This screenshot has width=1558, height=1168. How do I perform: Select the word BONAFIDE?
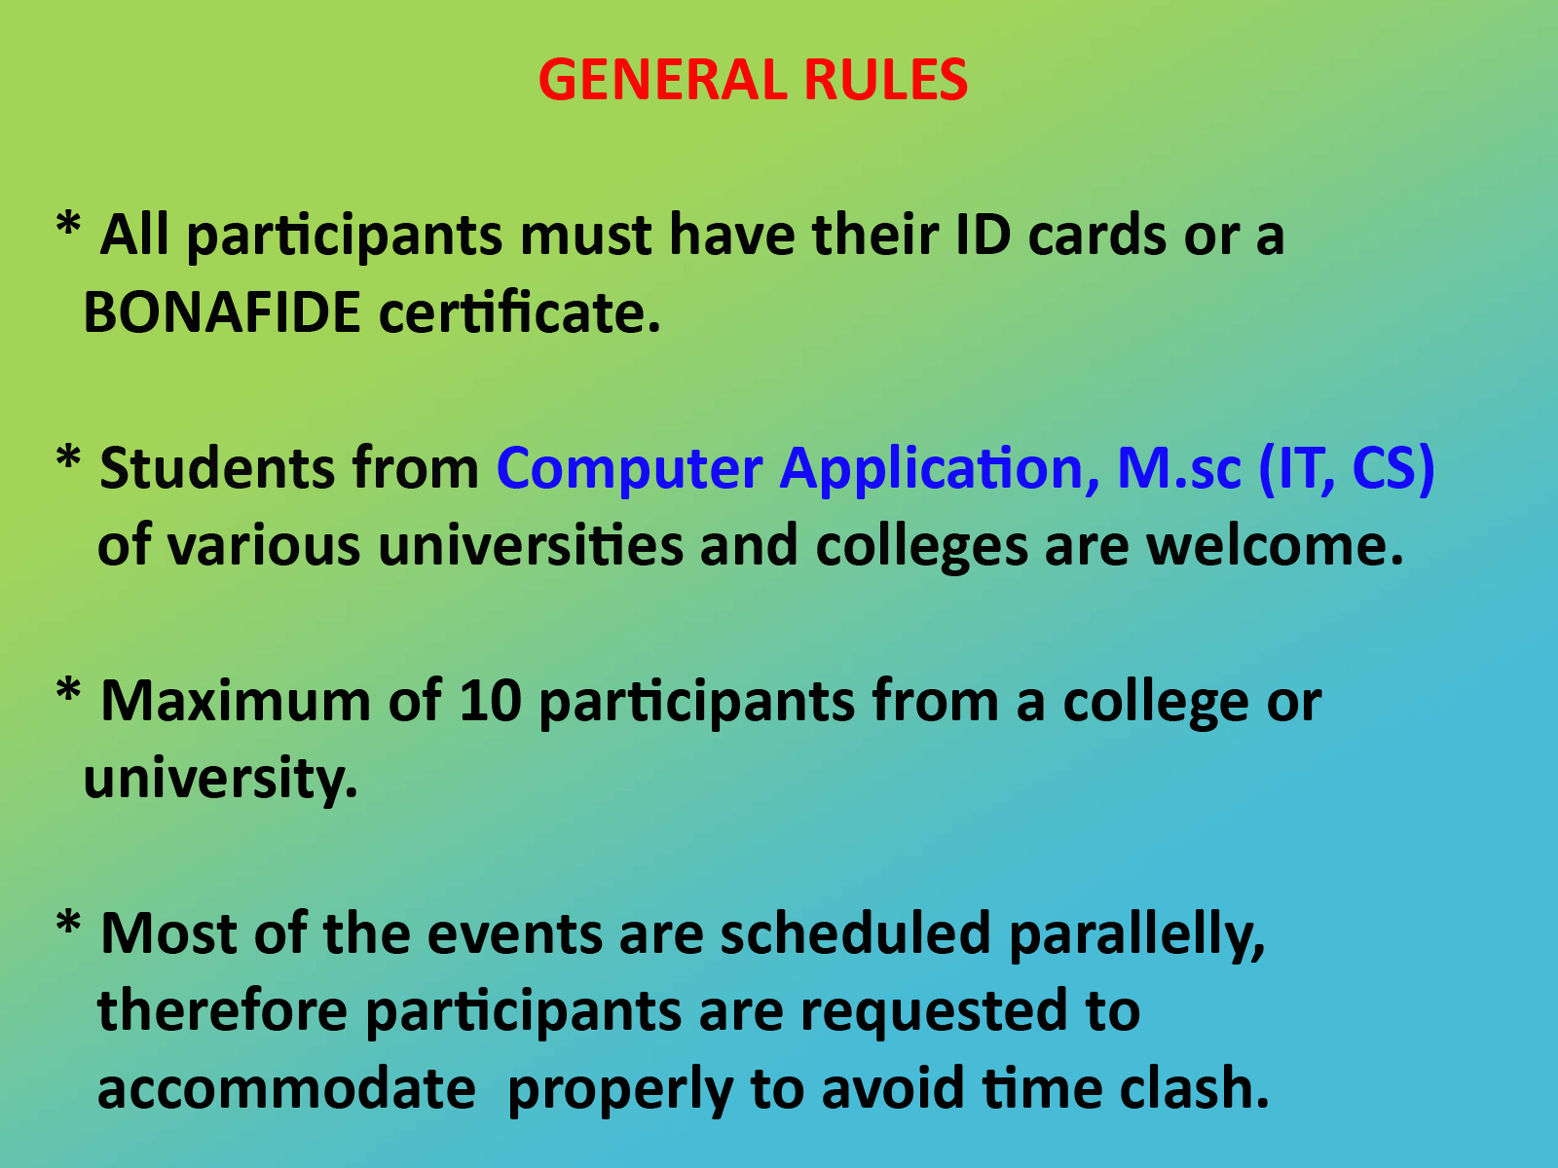tap(222, 313)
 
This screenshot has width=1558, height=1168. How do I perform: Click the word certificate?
tap(520, 313)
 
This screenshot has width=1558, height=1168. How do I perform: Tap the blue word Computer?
tap(629, 468)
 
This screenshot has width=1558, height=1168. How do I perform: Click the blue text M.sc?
tap(1179, 468)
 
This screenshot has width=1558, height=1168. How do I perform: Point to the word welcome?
tap(1275, 546)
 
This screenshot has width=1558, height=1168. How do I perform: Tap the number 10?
tap(490, 701)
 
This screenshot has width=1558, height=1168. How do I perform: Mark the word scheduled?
tap(855, 933)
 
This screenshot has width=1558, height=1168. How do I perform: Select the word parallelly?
tap(1137, 935)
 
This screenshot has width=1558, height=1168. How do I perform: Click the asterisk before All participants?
tap(68, 226)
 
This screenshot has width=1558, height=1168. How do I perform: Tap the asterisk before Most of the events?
tap(68, 924)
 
